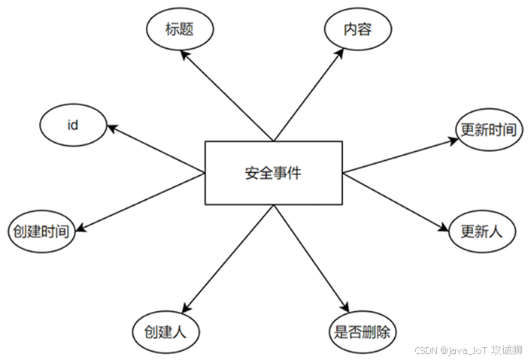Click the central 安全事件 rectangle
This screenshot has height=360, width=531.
tap(274, 174)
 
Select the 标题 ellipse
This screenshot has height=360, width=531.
tap(179, 29)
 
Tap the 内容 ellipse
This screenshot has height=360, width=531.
tap(358, 29)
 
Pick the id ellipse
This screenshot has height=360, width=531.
tap(73, 126)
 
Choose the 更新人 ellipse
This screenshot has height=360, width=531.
tap(481, 231)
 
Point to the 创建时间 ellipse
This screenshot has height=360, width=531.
tap(41, 231)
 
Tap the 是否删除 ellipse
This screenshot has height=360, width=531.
tap(363, 330)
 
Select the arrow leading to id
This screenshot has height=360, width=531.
tap(158, 150)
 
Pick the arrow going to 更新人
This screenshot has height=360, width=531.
tap(395, 199)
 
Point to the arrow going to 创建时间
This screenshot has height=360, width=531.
tap(143, 202)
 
